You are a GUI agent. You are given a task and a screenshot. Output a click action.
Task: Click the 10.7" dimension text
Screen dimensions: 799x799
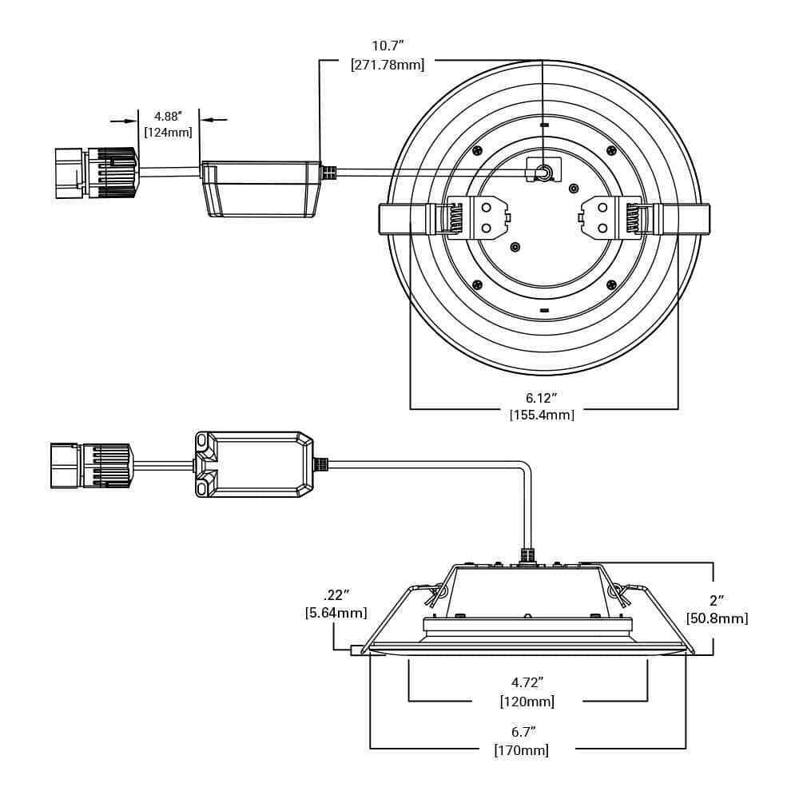[388, 46]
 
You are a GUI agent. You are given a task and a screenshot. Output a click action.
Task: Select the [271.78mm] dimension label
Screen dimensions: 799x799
[388, 65]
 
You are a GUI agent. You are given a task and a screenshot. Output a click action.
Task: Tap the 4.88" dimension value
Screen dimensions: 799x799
[169, 117]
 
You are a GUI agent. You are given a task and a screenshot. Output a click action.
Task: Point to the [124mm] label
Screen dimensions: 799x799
[169, 133]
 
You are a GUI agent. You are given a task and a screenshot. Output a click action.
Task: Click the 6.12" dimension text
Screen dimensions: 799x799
[541, 397]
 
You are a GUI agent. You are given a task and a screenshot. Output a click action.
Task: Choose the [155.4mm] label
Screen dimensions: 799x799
[542, 415]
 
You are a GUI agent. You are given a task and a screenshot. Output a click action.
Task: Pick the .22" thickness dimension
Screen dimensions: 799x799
[336, 595]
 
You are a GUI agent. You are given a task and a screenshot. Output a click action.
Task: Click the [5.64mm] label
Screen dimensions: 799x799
[336, 613]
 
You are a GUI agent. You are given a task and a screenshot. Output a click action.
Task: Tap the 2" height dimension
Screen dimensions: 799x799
[717, 600]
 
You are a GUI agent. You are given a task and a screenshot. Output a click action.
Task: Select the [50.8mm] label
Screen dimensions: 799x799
[717, 618]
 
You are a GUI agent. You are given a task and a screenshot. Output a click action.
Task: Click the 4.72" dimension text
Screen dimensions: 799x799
[527, 682]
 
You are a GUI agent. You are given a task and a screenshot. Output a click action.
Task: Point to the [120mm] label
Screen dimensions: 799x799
[527, 702]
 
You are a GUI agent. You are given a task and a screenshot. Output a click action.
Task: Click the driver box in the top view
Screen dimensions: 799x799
[260, 188]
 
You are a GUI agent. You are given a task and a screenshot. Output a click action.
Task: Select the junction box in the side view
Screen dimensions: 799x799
[254, 464]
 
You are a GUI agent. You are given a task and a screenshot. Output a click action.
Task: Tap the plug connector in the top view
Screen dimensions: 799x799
[96, 173]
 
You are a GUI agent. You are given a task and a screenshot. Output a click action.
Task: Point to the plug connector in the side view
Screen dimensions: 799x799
[91, 465]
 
